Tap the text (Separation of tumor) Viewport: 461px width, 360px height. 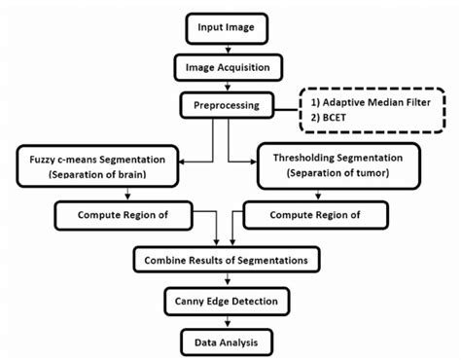coord(337,174)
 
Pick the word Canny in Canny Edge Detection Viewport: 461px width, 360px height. coord(187,302)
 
